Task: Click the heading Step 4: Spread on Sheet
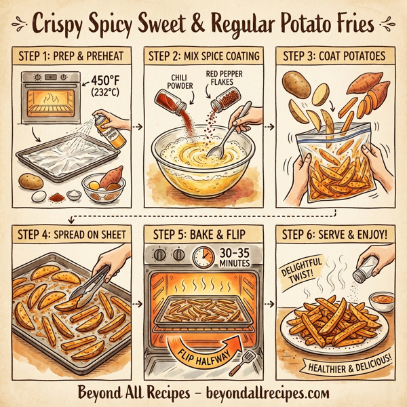tap(70, 235)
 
